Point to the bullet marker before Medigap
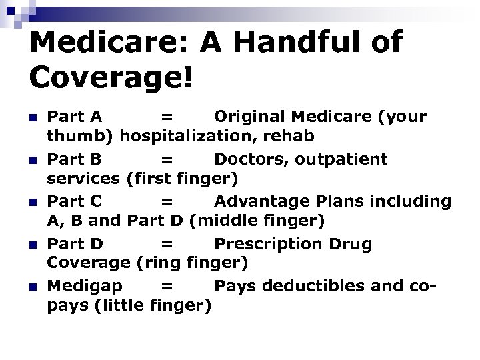click(35, 287)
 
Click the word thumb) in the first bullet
click(80, 136)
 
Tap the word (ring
click(158, 263)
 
